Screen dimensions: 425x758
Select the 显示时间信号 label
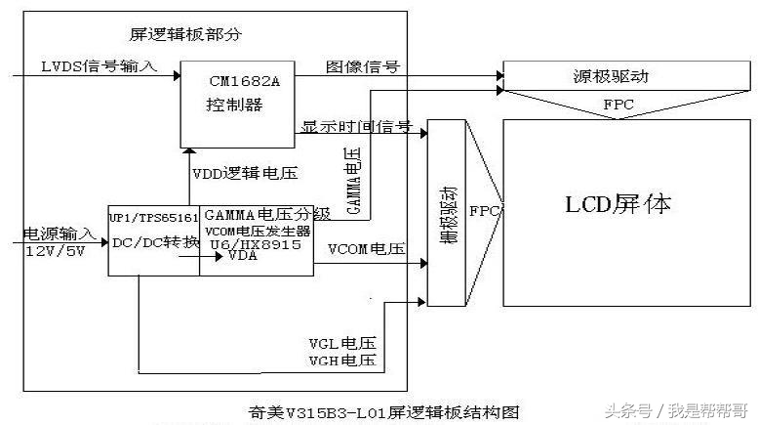356,128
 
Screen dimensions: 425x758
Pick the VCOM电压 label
366,249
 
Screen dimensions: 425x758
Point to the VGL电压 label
341,344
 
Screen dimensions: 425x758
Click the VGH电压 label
341,361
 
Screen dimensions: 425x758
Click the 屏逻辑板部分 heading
185,34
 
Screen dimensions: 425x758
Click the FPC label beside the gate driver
485,210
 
